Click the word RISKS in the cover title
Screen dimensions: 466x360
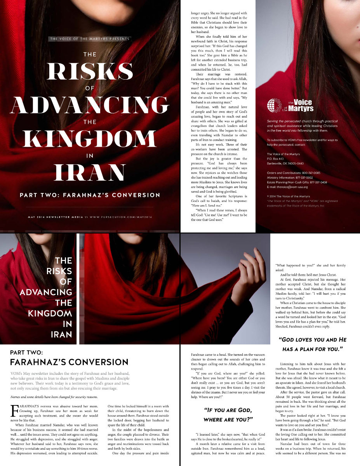click(x=90, y=71)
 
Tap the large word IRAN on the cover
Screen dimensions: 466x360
click(x=90, y=172)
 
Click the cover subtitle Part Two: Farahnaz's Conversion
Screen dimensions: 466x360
click(x=90, y=195)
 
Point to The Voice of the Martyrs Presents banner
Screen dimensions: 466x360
click(x=90, y=39)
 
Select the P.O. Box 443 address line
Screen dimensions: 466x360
click(x=278, y=158)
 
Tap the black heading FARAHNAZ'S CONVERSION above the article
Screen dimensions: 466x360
click(x=69, y=362)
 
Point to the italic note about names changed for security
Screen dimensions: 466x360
click(x=54, y=397)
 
